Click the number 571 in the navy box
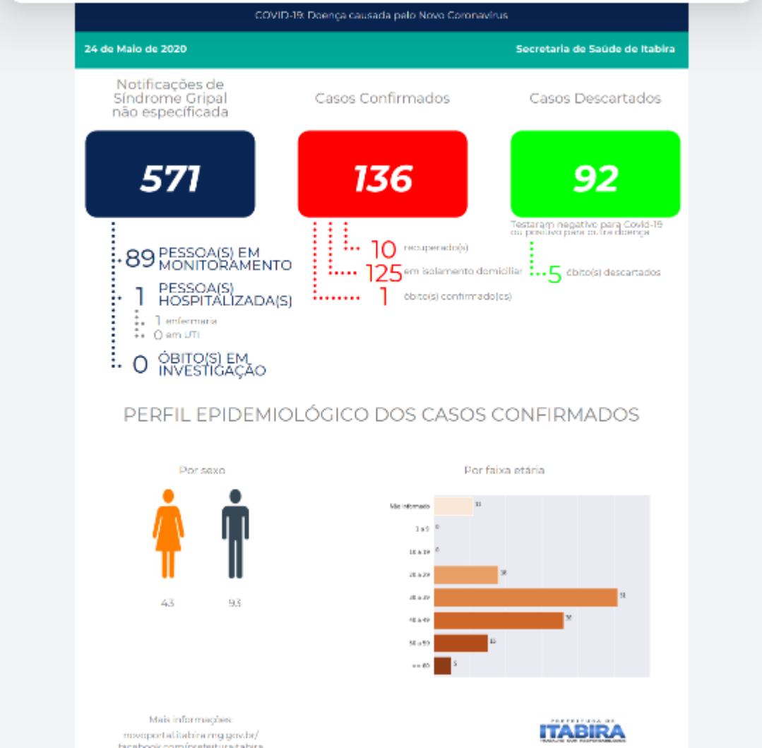[170, 178]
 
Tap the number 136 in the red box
[383, 178]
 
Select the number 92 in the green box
[595, 178]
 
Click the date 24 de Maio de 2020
[136, 49]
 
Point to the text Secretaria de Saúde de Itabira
[595, 49]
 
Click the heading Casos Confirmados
[382, 98]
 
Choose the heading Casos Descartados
[595, 98]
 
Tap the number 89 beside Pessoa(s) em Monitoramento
[140, 259]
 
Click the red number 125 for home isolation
[383, 273]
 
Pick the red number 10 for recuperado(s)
[383, 249]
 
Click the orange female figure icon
[168, 533]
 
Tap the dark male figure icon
[235, 533]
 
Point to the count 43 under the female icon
[167, 603]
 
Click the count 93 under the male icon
[234, 603]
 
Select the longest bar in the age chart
[525, 598]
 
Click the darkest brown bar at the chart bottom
[442, 665]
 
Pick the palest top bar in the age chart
[453, 506]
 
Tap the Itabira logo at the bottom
[582, 730]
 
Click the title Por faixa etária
[504, 470]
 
